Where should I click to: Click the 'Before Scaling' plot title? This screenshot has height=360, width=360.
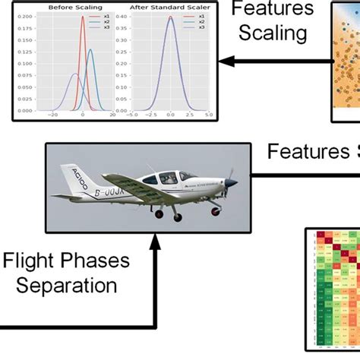point(65,8)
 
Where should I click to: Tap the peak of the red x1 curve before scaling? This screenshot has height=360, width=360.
point(83,18)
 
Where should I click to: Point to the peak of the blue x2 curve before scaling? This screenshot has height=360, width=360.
point(90,50)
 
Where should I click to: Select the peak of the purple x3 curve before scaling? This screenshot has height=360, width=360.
point(74,74)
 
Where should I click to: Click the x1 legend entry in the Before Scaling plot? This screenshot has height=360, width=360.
point(105,16)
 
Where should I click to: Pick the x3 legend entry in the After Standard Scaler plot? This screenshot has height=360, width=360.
point(200,27)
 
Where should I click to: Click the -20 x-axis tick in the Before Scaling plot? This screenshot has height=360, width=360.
point(52,115)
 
